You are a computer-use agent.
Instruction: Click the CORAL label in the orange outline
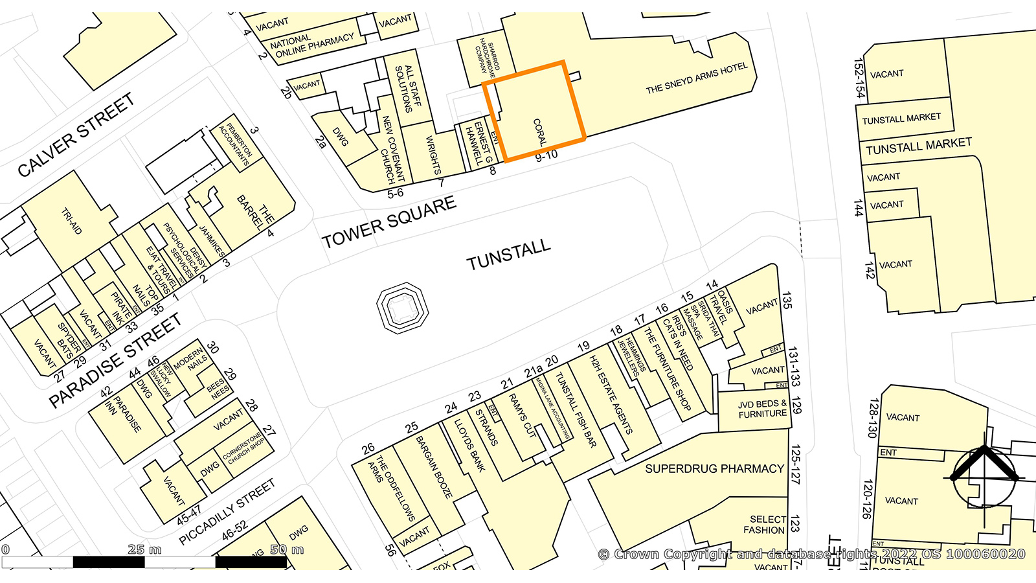540,131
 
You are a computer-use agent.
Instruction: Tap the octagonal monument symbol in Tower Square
403,308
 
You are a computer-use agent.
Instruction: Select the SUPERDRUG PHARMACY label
714,468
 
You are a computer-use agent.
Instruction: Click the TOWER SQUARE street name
389,223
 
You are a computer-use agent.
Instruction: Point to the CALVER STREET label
76,135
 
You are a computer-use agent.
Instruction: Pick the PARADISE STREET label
115,361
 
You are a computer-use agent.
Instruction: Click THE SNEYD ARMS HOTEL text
697,78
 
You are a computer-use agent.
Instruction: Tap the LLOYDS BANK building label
469,445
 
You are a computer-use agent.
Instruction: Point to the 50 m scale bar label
287,549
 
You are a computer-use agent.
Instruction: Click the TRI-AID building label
72,221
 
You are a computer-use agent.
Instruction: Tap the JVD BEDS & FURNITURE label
762,409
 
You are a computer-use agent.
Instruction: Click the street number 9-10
546,156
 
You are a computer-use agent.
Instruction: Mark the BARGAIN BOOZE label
434,466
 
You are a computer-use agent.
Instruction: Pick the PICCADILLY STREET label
227,512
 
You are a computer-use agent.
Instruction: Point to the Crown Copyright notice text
811,554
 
